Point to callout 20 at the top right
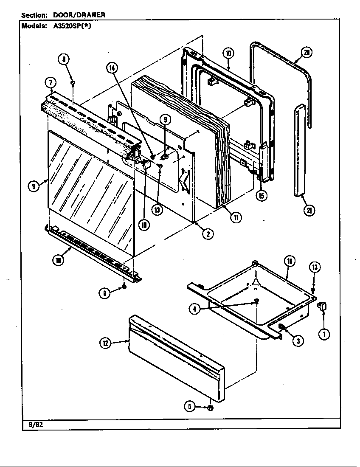click(x=307, y=52)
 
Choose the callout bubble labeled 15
click(x=262, y=196)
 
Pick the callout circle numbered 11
click(x=234, y=217)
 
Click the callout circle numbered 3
click(x=300, y=340)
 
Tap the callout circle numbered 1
click(x=325, y=334)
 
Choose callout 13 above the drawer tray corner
click(x=315, y=267)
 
